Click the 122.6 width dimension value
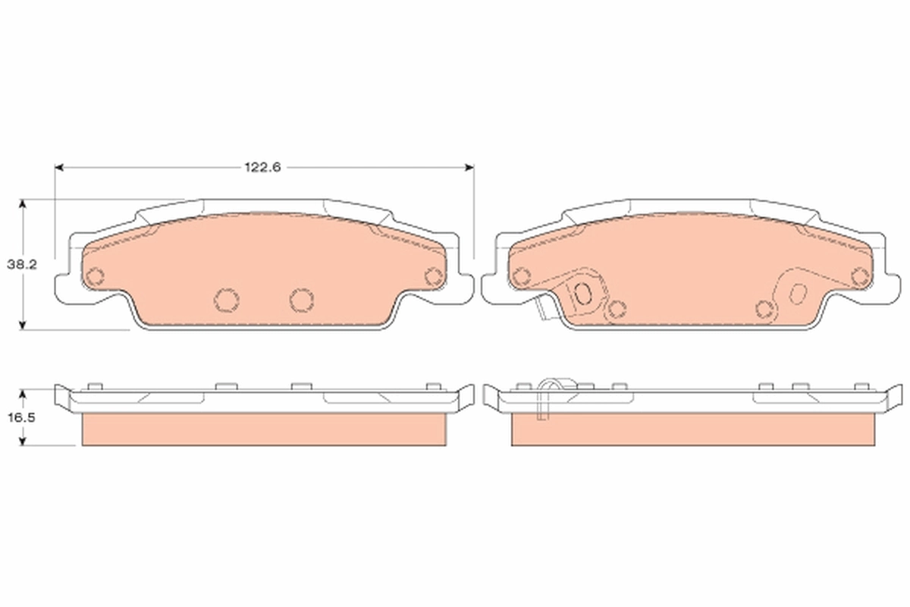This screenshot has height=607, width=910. coord(263,168)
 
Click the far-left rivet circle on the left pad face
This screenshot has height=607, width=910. coord(95,276)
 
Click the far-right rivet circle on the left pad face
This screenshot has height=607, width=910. coord(433,276)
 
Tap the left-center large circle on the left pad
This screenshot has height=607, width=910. coord(225,300)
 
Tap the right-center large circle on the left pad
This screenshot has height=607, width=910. coord(301,300)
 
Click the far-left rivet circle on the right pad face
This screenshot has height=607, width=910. coord(521,276)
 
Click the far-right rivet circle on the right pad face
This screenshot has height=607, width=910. coord(859,276)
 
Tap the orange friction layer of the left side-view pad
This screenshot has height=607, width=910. coord(262,429)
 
